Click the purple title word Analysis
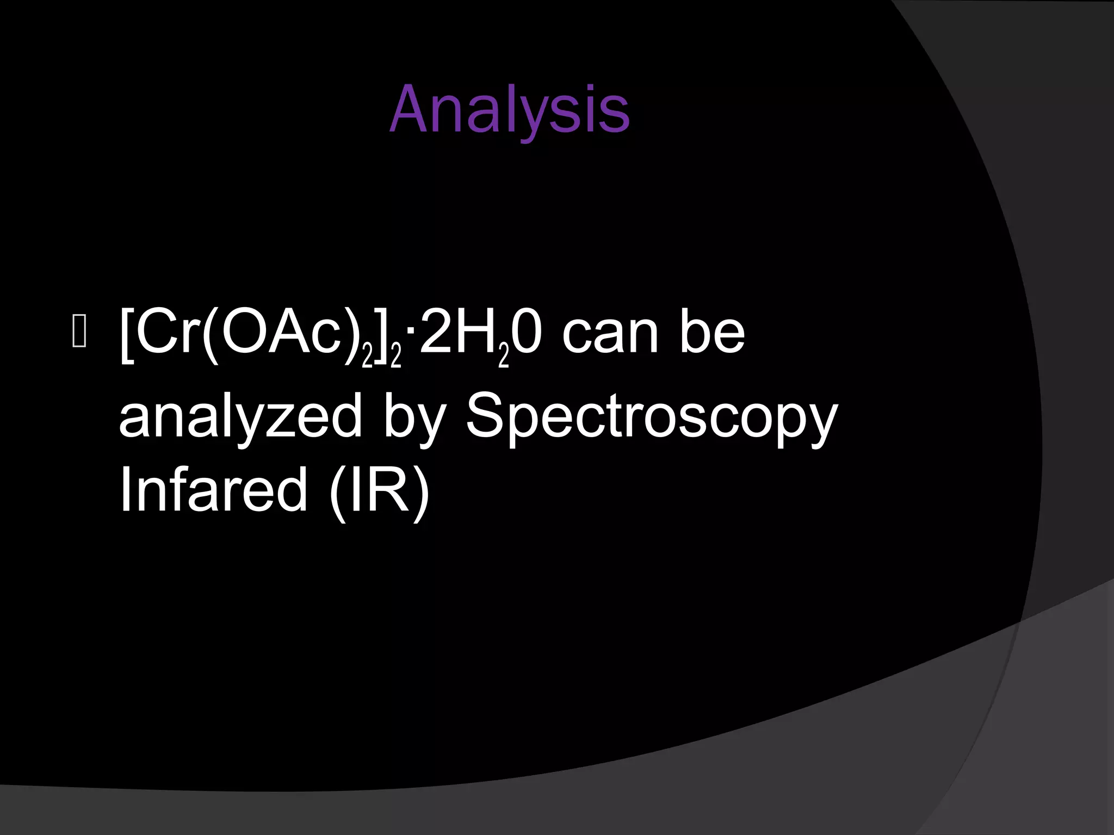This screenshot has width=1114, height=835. (510, 110)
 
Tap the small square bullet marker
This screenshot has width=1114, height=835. (79, 333)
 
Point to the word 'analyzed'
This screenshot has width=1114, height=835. (240, 416)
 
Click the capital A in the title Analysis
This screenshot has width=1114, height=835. (409, 110)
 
